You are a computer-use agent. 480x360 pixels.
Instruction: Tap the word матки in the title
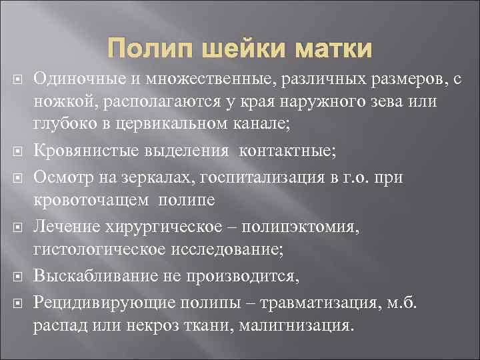333,50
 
